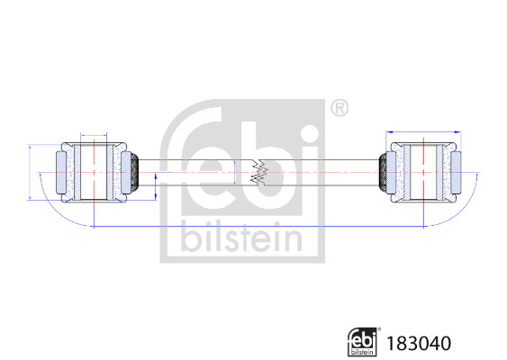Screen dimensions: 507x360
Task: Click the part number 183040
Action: click(x=419, y=343)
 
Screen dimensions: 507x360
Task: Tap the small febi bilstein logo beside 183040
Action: click(x=363, y=342)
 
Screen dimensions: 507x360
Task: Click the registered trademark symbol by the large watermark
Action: click(x=340, y=108)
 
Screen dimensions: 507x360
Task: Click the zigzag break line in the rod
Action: click(x=259, y=172)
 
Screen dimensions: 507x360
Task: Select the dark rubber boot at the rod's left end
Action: click(x=135, y=172)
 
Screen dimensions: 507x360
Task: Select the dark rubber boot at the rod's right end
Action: click(x=383, y=172)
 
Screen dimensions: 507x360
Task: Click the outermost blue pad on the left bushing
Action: click(x=61, y=173)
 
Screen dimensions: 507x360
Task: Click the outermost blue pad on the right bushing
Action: click(x=456, y=173)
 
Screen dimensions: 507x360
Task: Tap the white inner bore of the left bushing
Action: click(x=94, y=172)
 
